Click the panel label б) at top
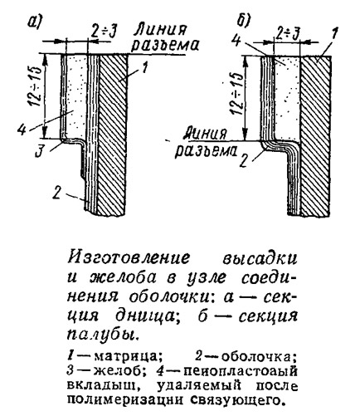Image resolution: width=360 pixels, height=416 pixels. click(244, 20)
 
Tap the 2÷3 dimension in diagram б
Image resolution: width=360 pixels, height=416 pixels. click(288, 33)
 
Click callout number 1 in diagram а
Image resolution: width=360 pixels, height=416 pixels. click(145, 67)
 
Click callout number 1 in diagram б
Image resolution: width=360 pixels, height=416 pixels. click(333, 35)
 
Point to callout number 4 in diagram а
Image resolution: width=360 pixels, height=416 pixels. click(21, 130)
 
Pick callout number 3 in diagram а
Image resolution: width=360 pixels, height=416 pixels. click(40, 152)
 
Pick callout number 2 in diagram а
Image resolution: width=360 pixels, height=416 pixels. click(57, 193)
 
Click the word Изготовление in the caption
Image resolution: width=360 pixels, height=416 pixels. click(129, 258)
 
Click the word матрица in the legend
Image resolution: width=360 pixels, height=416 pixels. click(128, 357)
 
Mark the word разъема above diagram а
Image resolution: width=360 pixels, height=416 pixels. click(165, 45)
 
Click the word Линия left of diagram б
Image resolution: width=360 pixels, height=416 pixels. click(206, 134)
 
